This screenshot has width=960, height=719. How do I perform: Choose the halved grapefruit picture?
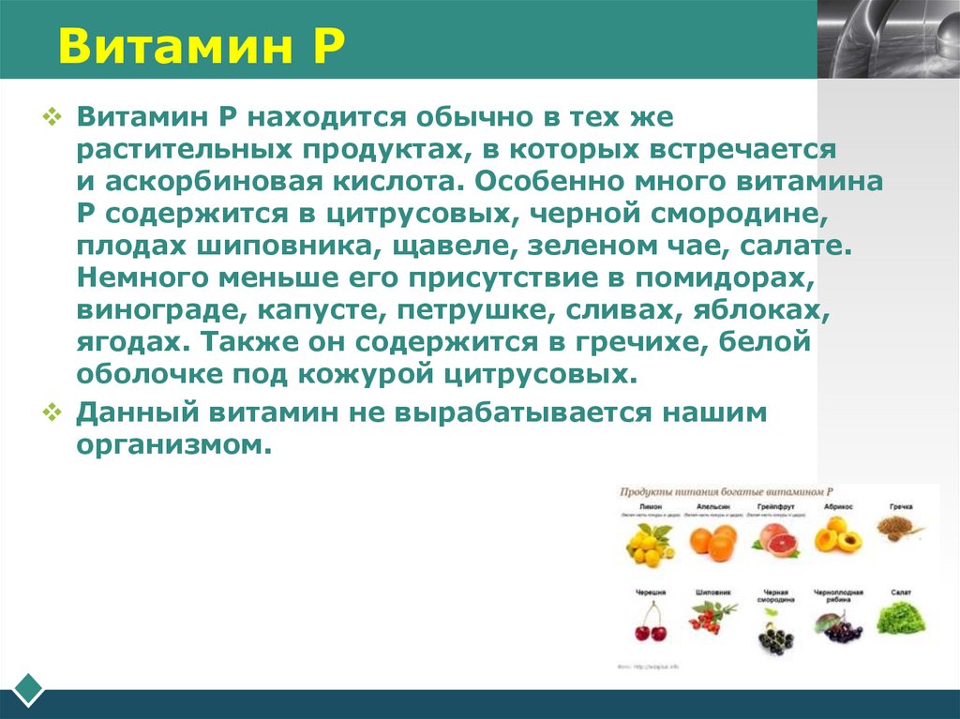point(774,541)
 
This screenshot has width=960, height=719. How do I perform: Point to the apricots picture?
point(837,540)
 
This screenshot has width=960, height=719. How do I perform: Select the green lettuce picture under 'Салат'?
point(900,620)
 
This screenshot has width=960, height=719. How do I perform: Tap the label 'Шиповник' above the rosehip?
point(712,592)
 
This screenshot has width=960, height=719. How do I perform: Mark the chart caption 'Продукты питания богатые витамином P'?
point(727,491)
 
